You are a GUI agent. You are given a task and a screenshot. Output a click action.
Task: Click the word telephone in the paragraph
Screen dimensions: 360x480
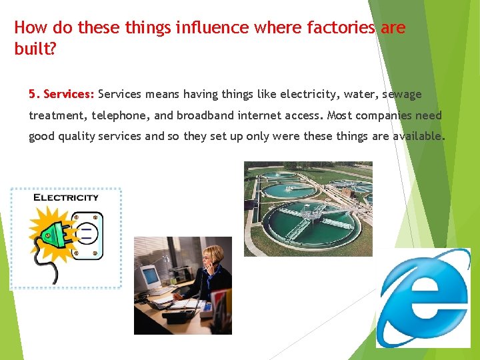(120, 115)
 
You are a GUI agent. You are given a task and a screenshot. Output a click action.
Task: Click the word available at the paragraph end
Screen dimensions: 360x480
(417, 137)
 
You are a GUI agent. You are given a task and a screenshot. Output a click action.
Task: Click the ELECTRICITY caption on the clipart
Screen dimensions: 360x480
(66, 197)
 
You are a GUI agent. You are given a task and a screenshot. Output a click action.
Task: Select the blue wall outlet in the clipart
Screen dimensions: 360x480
(86, 235)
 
